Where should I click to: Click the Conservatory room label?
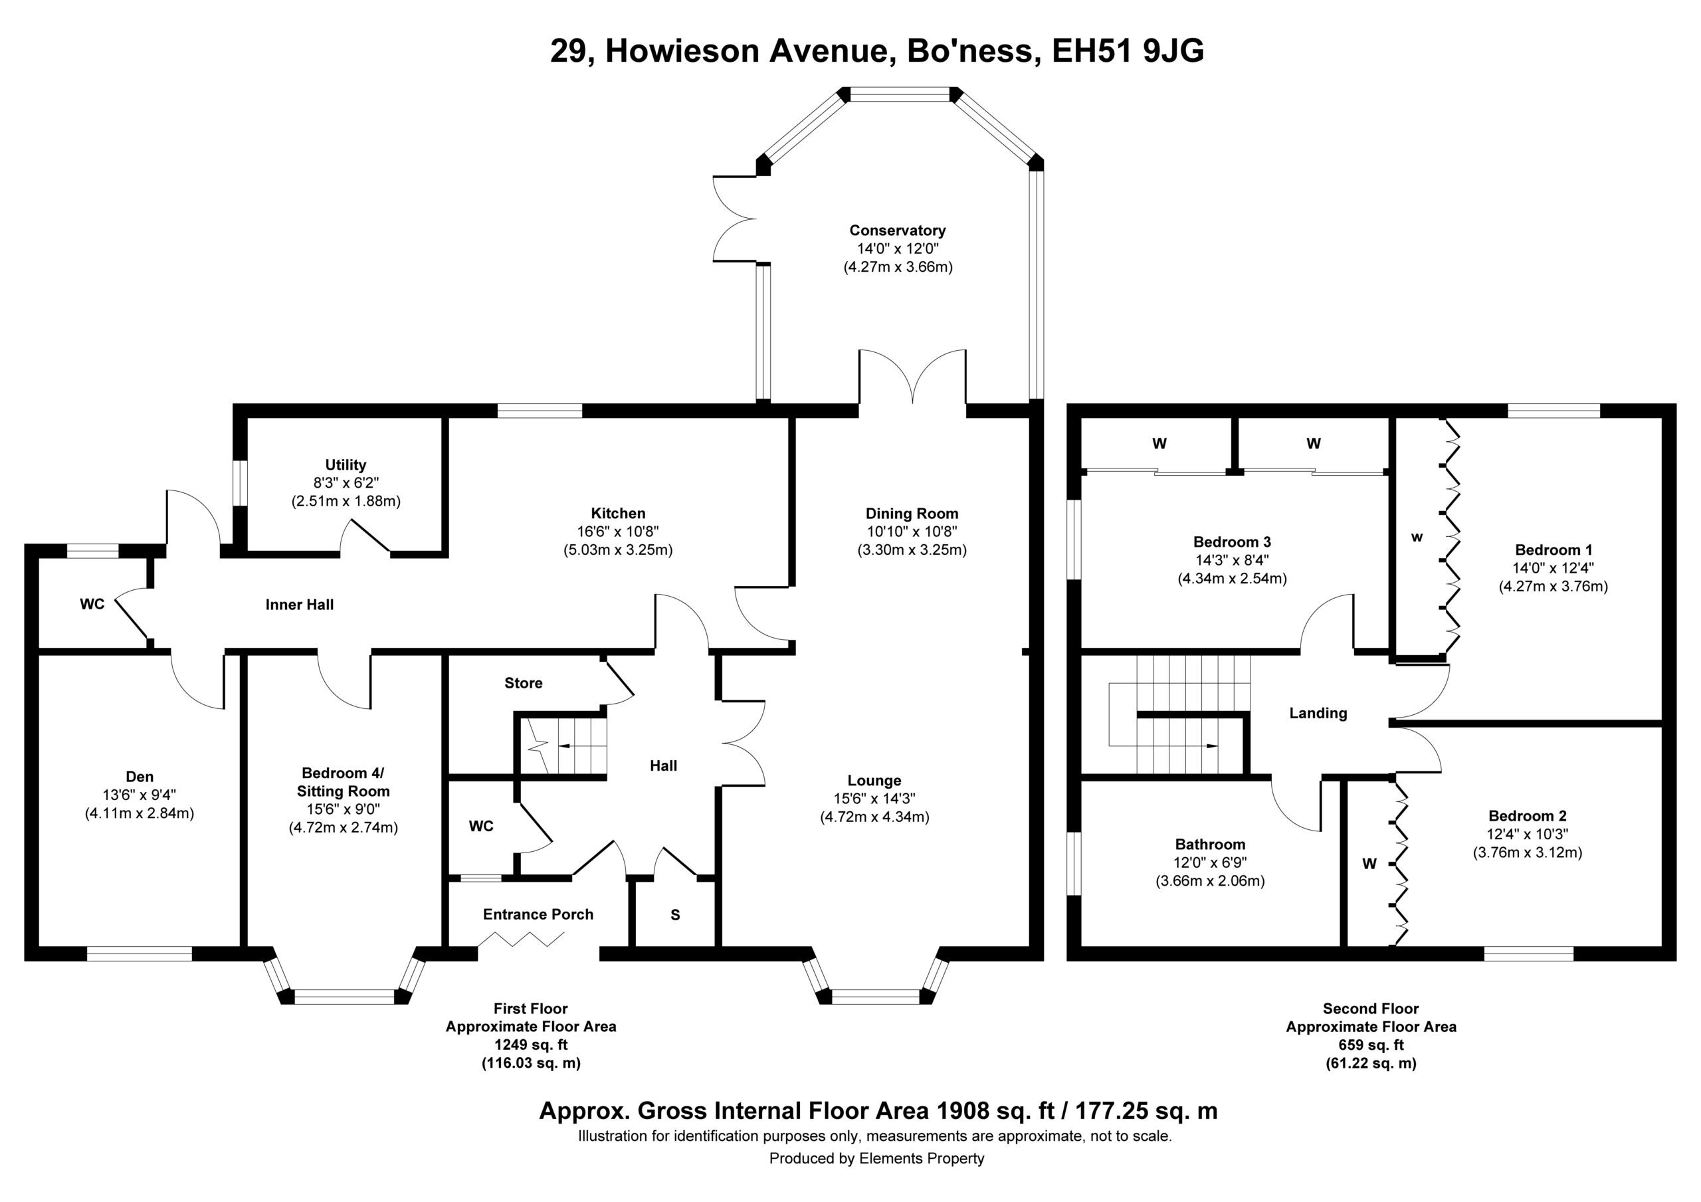tap(897, 231)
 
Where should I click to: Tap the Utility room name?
tap(346, 464)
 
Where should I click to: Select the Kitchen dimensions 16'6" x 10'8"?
tap(618, 532)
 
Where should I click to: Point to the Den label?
tap(140, 777)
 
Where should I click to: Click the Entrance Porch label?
tap(538, 914)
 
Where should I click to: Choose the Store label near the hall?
tap(523, 683)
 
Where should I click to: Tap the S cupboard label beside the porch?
tap(675, 915)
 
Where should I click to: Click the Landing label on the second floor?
tap(1318, 714)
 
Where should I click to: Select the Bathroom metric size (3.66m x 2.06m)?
tap(1210, 881)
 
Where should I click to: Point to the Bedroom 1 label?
tap(1552, 550)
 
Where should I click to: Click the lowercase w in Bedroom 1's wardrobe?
tap(1417, 538)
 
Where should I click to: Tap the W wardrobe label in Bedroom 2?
tap(1369, 863)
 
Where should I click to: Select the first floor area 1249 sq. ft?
tap(530, 1045)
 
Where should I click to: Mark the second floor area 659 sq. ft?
tap(1371, 1045)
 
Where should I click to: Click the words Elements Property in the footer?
tap(921, 1158)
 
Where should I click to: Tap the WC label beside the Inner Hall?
tap(92, 605)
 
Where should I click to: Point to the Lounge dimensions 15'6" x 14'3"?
tap(874, 799)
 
